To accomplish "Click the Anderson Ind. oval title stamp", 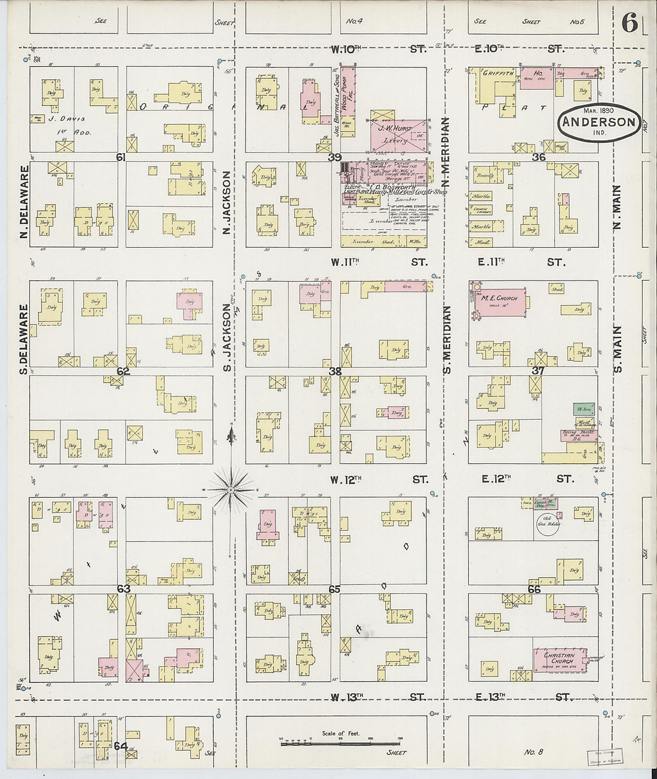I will (x=599, y=122).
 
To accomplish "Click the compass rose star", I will (x=231, y=489).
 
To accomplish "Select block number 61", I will (x=121, y=157).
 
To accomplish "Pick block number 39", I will (x=334, y=157).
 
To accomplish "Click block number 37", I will (x=538, y=371).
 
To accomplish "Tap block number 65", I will (x=334, y=589).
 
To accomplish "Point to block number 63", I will (x=123, y=589).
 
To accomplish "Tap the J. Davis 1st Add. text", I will (x=70, y=125).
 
